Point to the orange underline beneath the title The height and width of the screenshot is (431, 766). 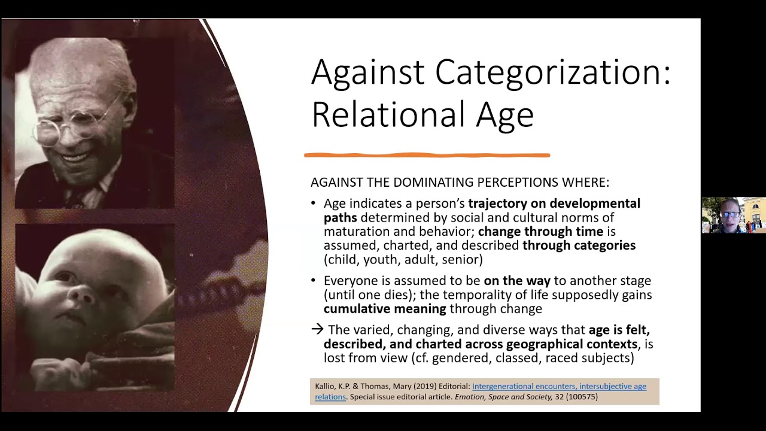[x=427, y=156]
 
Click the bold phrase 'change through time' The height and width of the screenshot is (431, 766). [x=540, y=232]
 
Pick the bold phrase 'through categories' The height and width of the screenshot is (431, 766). [x=579, y=245]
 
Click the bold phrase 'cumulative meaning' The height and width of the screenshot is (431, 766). [x=385, y=309]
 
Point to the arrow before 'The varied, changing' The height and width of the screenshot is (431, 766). [x=317, y=329]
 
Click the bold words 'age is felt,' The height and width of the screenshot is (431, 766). [x=619, y=330]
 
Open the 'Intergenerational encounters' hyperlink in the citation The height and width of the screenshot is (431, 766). [x=559, y=387]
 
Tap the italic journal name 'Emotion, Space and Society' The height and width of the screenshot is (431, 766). [x=503, y=396]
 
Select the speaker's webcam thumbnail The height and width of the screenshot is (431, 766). [x=733, y=215]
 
